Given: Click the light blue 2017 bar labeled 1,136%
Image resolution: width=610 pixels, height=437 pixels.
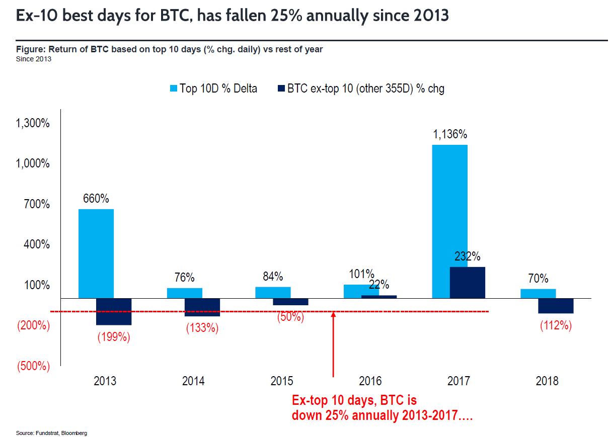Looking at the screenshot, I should pos(449,221).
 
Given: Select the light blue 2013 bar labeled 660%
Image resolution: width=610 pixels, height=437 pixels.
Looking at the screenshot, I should pos(96,253).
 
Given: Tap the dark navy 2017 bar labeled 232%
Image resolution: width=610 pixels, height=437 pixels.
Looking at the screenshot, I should pos(468,282).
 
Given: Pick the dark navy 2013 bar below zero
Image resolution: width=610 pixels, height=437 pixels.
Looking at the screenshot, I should pos(114,311).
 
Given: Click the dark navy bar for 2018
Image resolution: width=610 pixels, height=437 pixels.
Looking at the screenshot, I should pos(556,306).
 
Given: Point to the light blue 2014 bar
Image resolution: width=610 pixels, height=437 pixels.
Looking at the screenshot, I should pos(184,293).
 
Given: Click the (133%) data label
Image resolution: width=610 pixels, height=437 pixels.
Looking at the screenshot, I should pos(202,328).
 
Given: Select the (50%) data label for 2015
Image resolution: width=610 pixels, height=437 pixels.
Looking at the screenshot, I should pos(290,317).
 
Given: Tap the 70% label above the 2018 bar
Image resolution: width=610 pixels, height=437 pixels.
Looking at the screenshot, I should pos(538,279).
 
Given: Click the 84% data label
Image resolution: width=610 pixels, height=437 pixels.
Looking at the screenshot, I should pos(273,277).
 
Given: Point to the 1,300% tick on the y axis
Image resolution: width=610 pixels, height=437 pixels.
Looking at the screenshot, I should pos(34,123).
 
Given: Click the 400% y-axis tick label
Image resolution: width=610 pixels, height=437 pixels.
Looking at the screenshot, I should pos(37,244).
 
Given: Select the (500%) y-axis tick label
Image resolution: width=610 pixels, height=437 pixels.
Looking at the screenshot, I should pos(34,366).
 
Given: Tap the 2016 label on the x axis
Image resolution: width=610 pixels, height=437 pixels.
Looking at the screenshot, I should pos(370,381).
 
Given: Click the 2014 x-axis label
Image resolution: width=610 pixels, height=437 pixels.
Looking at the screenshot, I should pos(193,381).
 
